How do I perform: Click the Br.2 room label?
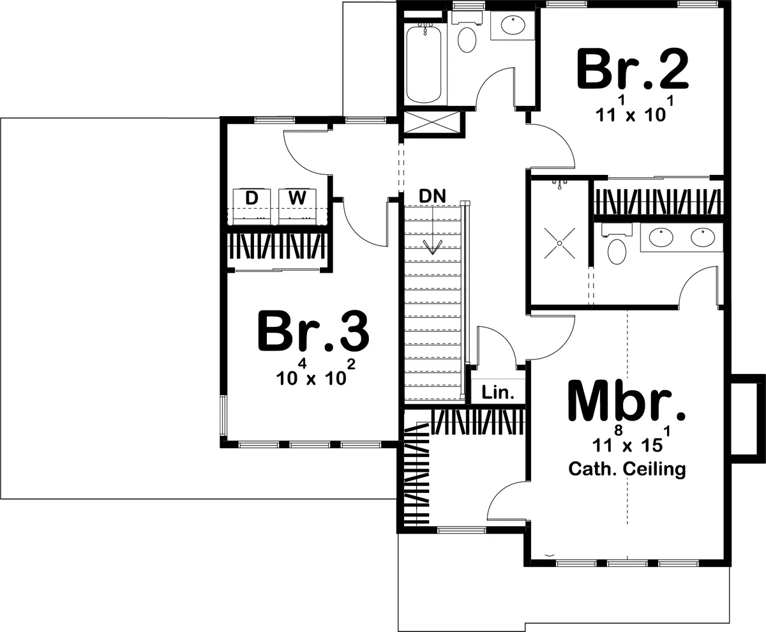[633, 70]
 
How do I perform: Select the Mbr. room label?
[627, 402]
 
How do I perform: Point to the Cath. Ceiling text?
[627, 469]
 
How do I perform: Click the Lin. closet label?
[498, 393]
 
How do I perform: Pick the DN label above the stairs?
[433, 197]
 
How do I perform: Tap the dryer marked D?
[252, 206]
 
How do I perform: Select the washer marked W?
[297, 206]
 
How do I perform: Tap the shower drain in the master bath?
[559, 243]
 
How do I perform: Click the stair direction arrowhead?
[433, 247]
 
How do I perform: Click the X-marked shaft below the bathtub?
[432, 122]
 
